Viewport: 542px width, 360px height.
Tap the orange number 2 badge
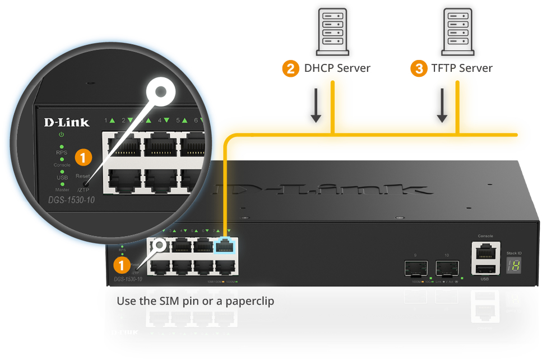click(290, 69)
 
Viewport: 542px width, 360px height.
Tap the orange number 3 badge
click(418, 69)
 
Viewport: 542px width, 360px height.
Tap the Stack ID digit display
click(513, 266)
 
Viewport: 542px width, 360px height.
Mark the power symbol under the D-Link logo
click(62, 135)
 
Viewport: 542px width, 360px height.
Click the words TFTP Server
click(462, 68)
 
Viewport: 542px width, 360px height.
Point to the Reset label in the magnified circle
click(82, 176)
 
